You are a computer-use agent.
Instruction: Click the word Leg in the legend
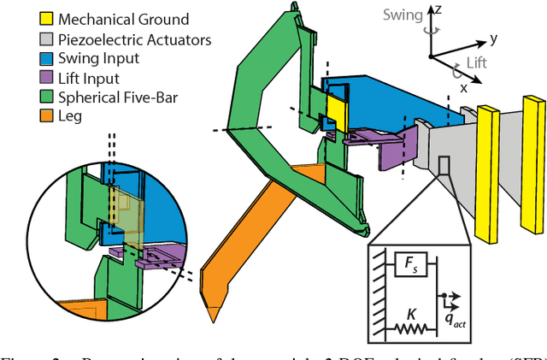coord(70,115)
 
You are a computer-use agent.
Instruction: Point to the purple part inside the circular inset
coord(157,254)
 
